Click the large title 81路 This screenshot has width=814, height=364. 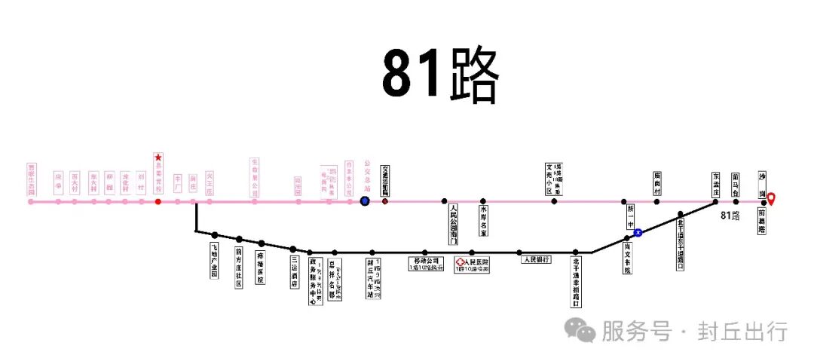point(441,74)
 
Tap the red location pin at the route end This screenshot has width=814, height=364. point(770,199)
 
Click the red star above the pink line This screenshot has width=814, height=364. point(158,158)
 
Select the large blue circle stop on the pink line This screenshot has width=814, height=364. point(365,201)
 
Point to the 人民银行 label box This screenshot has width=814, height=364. point(536,259)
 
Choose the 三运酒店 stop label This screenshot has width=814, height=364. point(295,272)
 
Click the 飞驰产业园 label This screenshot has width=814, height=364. point(214,261)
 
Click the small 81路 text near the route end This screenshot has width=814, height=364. point(730,216)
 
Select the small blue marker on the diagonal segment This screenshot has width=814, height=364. point(638,233)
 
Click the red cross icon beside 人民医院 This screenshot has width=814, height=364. point(459,262)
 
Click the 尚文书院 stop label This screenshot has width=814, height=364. point(626,258)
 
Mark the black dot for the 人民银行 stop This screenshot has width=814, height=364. point(519,252)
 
